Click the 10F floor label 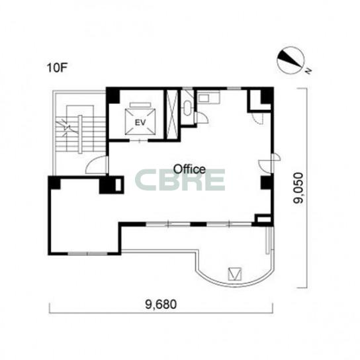click(57, 67)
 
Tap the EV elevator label click(140, 122)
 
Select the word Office click(189, 169)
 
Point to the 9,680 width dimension click(161, 304)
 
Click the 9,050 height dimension click(298, 188)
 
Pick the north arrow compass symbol click(291, 60)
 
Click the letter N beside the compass click(308, 71)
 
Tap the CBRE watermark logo click(179, 180)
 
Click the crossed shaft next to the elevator click(172, 114)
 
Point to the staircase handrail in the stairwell click(80, 134)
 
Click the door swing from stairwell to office click(97, 165)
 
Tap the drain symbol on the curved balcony click(235, 274)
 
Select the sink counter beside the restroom click(208, 97)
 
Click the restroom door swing click(202, 118)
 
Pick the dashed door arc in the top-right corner click(257, 118)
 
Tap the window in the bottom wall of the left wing click(88, 253)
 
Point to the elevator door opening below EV click(139, 140)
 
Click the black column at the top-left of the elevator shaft click(113, 95)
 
